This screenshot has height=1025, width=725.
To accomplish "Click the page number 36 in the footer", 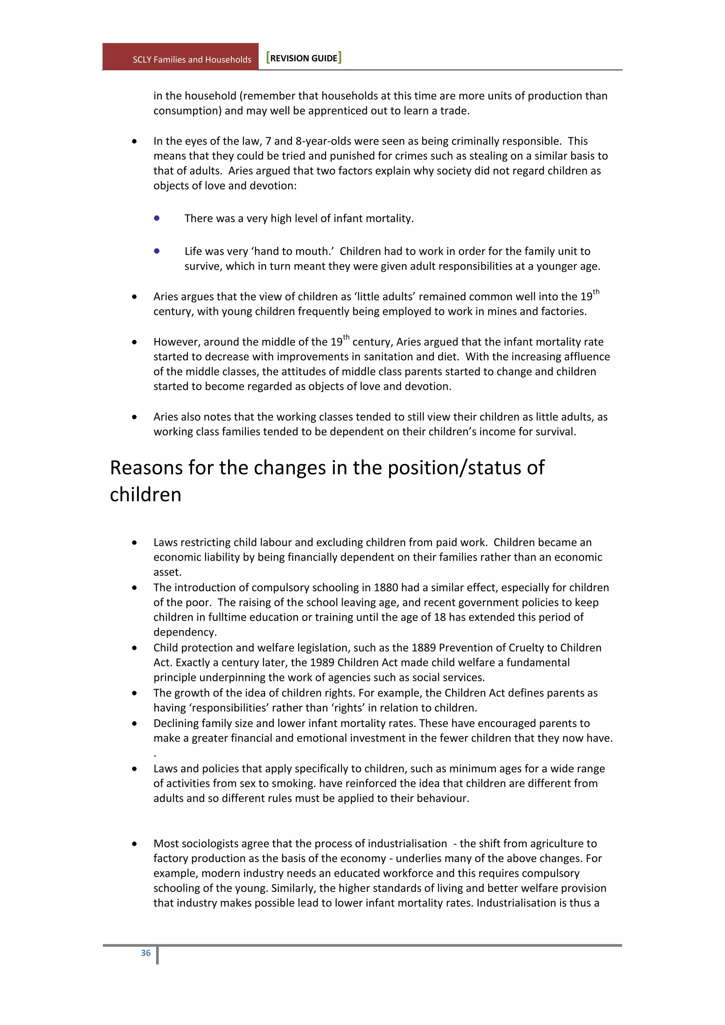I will click(145, 953).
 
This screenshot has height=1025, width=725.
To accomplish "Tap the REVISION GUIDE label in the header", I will click(304, 58).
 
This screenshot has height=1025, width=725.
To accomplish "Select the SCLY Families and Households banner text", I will click(192, 59).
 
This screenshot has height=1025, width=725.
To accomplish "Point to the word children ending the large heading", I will click(145, 495).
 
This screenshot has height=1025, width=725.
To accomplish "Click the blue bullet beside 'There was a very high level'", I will click(157, 218).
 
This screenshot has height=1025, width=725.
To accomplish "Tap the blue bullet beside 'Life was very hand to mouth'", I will click(157, 251).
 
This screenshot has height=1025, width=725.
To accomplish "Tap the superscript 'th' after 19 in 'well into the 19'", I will click(596, 292).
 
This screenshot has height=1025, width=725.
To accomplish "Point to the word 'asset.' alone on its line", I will click(167, 572).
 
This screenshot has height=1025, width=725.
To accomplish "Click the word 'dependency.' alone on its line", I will click(185, 632).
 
